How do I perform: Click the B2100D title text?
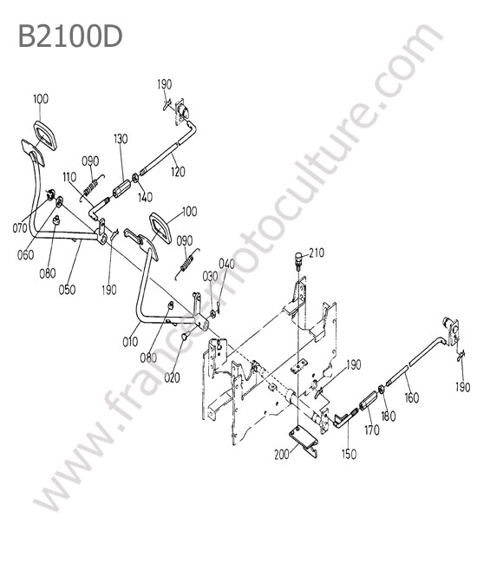[70, 36]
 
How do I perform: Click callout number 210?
[317, 252]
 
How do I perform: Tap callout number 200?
[282, 455]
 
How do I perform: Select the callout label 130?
[121, 139]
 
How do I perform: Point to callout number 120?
[178, 172]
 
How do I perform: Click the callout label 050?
[67, 289]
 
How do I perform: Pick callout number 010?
[130, 341]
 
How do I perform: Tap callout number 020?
[172, 377]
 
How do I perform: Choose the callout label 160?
[412, 397]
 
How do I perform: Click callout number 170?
[372, 430]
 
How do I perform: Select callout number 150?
[349, 454]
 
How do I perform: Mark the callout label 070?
[20, 227]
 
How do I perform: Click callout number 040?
[226, 264]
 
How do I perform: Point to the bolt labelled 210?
[297, 260]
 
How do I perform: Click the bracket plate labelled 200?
[303, 441]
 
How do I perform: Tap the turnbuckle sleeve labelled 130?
[121, 187]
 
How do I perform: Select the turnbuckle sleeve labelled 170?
[367, 401]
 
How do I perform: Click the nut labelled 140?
[135, 178]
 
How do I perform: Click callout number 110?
[69, 177]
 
